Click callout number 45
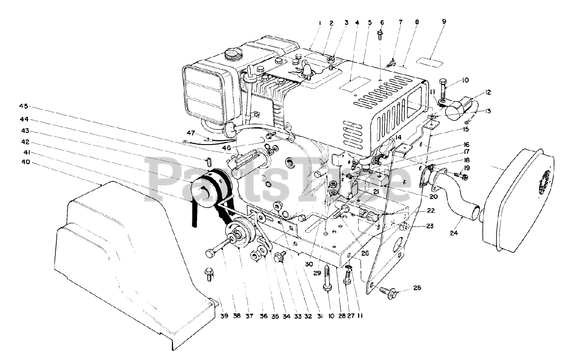pos(23,106)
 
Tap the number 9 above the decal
pos(444,21)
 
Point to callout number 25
pos(417,288)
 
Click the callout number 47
pos(190,133)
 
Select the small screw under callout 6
pos(381,34)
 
